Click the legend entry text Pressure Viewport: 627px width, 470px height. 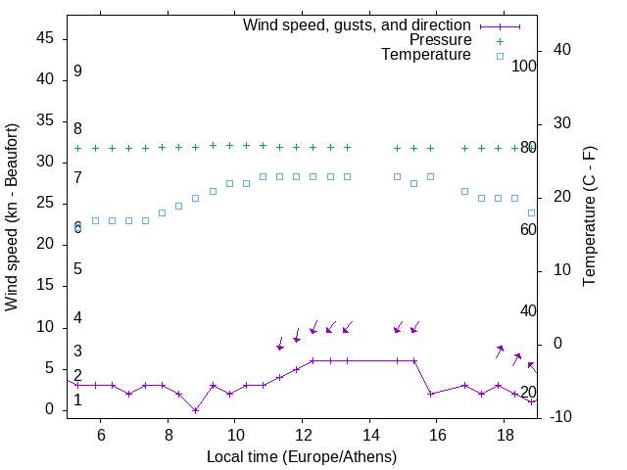tap(440, 40)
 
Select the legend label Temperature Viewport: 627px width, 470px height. tap(425, 56)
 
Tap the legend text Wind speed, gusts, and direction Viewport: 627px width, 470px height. tap(357, 24)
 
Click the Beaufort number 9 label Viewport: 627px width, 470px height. tap(77, 71)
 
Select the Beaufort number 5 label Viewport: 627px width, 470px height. tap(77, 269)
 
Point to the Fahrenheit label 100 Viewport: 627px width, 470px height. tap(525, 67)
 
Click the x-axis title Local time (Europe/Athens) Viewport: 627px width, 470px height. tap(302, 456)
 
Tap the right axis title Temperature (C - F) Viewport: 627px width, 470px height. tap(589, 217)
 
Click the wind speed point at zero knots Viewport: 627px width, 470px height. tap(196, 410)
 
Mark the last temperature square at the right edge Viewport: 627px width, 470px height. tap(532, 212)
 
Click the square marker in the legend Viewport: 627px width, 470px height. tap(500, 56)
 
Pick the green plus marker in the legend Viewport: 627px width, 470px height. tap(500, 40)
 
